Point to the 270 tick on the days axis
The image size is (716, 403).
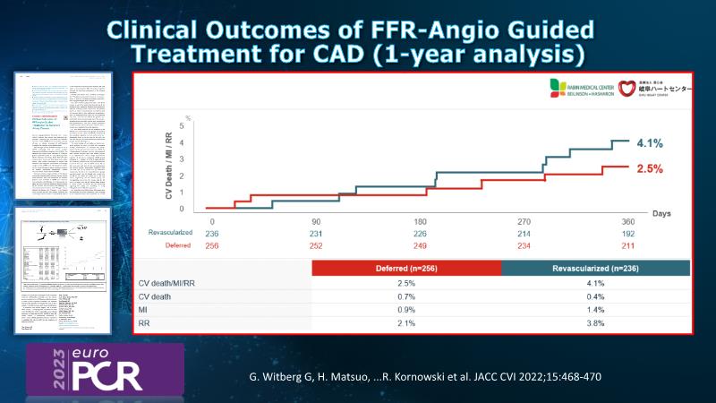(524, 220)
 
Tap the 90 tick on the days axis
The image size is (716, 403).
(316, 220)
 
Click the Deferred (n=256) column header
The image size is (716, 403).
(406, 268)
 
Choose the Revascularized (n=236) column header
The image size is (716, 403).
(595, 268)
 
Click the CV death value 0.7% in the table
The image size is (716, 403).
(406, 296)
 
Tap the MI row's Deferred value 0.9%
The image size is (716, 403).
(406, 310)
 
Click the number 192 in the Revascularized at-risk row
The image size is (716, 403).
(628, 232)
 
